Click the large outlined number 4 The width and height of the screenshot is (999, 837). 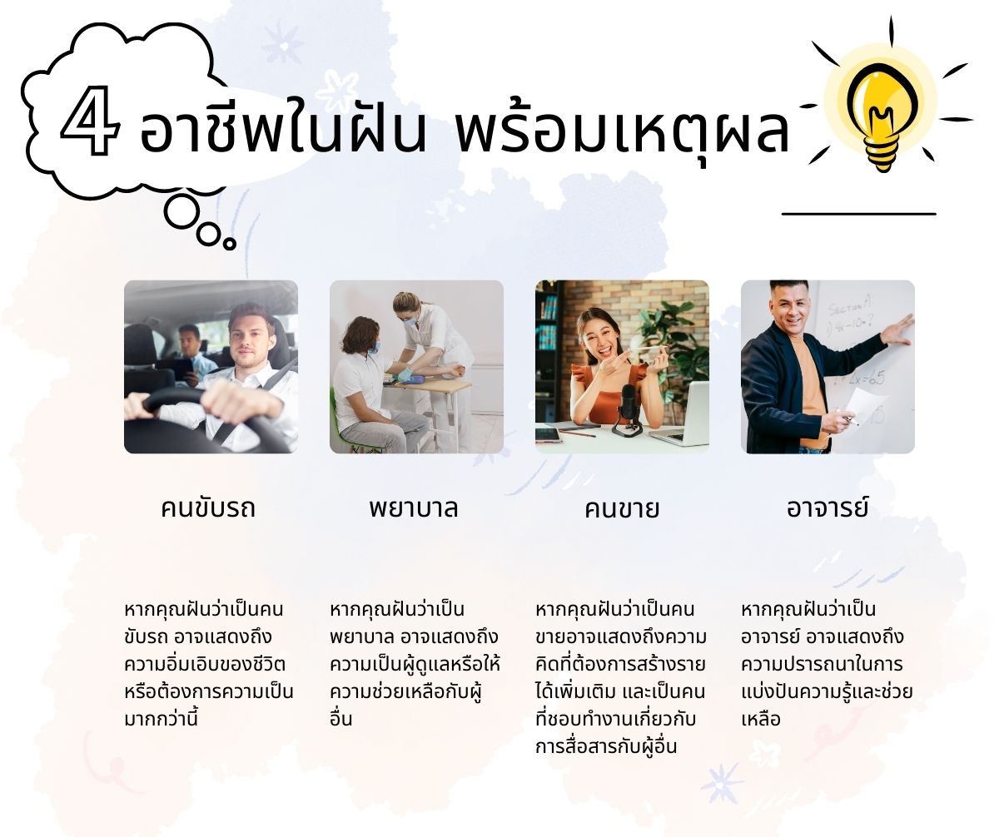[x=90, y=121]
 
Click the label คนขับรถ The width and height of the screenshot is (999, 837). [x=207, y=508]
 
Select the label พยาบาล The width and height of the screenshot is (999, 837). [x=414, y=508]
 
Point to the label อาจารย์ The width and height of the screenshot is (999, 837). [x=828, y=507]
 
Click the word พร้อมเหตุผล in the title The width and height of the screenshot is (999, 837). [x=622, y=128]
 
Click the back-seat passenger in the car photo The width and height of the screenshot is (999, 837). [x=191, y=353]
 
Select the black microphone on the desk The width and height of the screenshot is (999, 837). [x=628, y=408]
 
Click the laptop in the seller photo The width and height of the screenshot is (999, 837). [x=680, y=414]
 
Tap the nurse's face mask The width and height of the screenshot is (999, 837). [x=410, y=320]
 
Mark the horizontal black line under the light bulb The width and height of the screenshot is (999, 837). [x=859, y=214]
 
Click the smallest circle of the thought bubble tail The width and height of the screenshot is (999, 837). [x=230, y=244]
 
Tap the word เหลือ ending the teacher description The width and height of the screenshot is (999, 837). [x=761, y=720]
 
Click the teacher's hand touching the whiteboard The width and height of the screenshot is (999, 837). [x=897, y=330]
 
